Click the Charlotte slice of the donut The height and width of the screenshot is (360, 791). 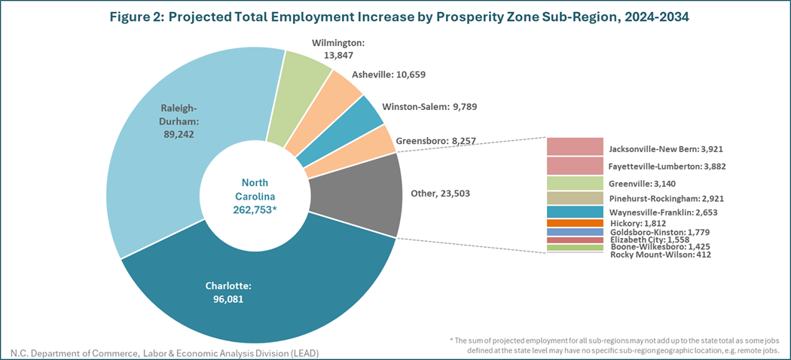pos(256,301)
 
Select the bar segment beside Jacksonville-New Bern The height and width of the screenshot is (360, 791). pos(575,146)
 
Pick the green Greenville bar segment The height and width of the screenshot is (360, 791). pos(575,182)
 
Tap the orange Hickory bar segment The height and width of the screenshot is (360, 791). pos(575,223)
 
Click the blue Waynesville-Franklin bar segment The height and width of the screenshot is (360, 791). pos(575,212)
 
